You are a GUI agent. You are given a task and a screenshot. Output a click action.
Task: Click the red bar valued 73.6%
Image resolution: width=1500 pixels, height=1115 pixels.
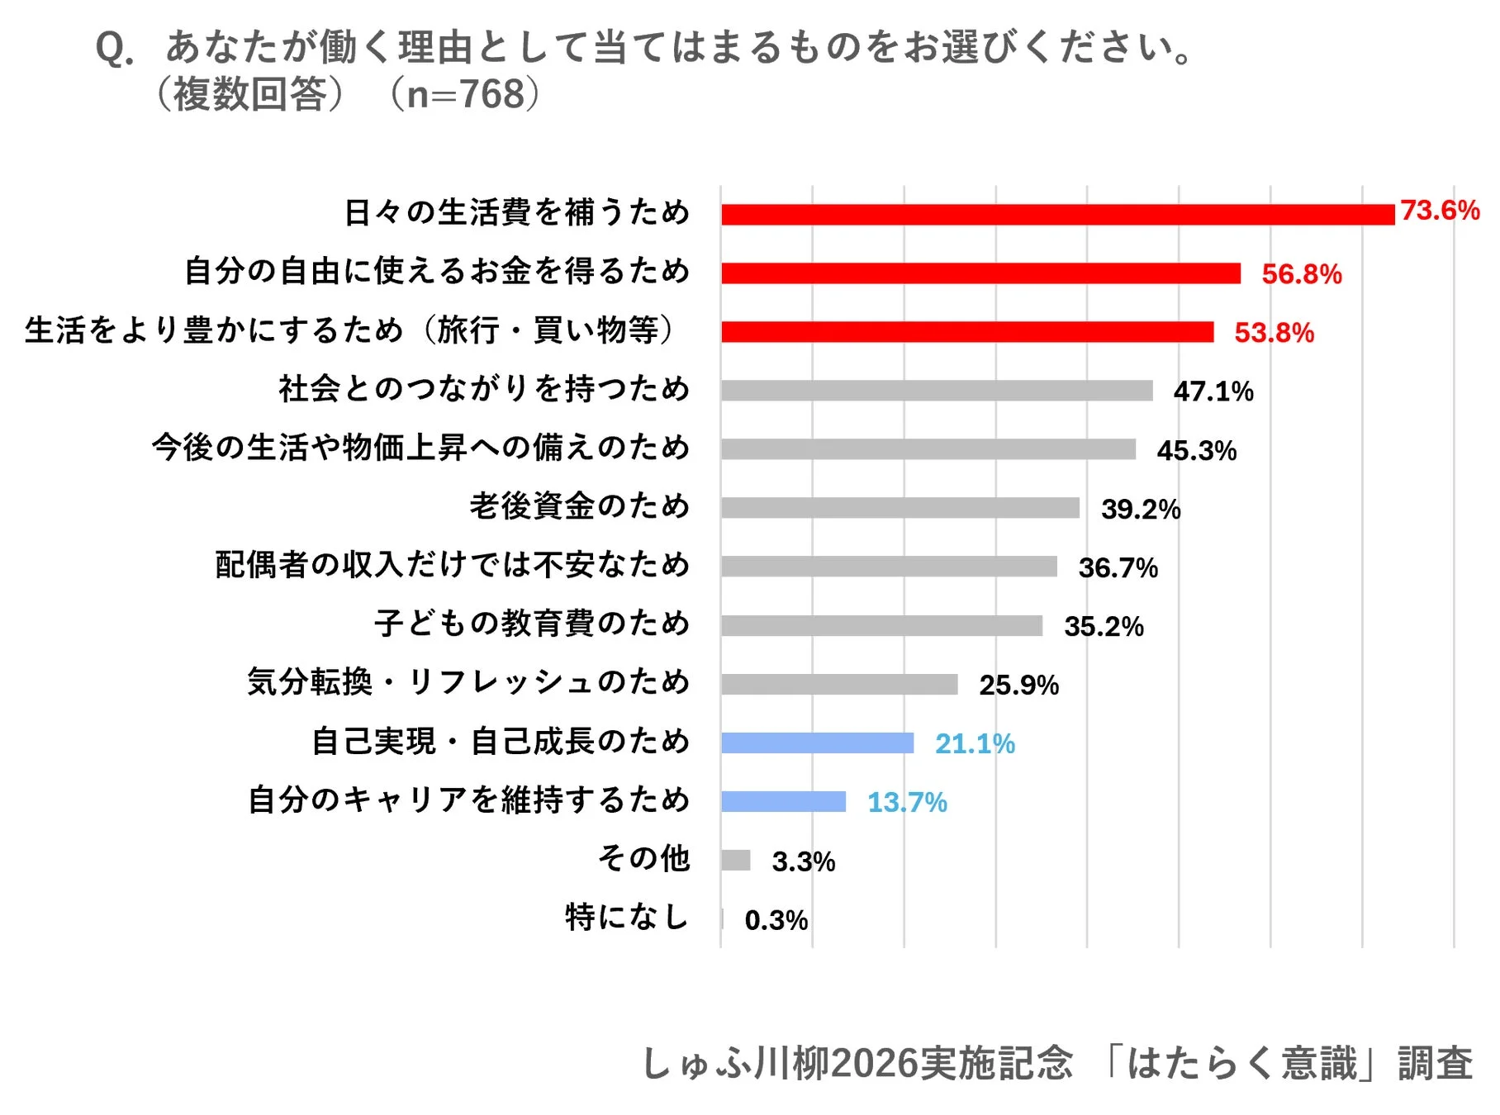tap(1057, 215)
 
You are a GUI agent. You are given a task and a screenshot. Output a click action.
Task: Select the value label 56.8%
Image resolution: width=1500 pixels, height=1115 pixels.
tap(1301, 274)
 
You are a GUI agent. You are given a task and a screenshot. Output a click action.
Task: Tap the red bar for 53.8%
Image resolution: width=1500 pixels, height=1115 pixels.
tap(966, 332)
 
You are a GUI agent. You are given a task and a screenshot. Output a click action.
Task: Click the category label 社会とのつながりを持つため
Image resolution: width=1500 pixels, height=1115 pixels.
tap(484, 389)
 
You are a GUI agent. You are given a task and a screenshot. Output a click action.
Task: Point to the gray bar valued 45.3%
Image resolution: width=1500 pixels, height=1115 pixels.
tap(928, 449)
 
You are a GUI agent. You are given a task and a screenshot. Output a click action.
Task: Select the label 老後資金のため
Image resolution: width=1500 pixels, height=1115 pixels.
tap(579, 506)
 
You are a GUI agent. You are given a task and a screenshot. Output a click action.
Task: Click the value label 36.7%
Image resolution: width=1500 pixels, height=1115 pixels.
tap(1118, 568)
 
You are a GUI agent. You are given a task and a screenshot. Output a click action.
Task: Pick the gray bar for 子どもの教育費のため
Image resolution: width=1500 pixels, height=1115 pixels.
tap(881, 626)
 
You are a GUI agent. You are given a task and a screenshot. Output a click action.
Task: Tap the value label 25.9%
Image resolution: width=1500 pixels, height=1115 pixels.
tap(1018, 686)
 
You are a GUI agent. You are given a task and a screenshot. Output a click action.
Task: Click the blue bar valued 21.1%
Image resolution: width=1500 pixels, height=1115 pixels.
tap(817, 743)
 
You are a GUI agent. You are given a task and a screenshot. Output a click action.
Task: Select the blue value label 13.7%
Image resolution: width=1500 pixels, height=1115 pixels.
tap(906, 803)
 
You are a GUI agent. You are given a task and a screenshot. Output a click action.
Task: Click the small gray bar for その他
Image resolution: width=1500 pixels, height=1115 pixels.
tap(735, 861)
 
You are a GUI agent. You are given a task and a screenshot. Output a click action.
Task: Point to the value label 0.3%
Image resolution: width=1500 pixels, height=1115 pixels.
tap(776, 920)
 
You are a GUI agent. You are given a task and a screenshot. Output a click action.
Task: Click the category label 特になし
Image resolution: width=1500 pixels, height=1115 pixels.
tap(627, 918)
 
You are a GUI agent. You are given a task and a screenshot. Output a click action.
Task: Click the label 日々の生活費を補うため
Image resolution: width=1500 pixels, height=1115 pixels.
tap(517, 213)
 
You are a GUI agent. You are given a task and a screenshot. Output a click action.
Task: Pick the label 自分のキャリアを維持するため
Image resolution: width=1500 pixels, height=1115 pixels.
tap(468, 800)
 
